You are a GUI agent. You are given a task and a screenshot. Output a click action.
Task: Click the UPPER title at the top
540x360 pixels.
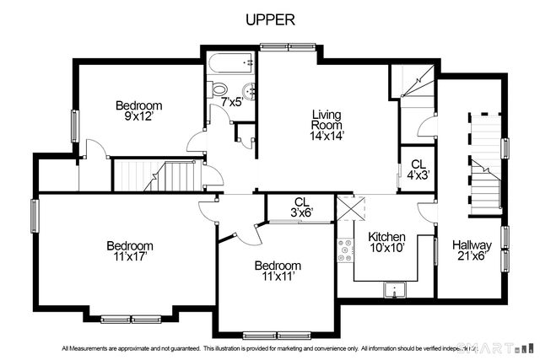pyautogui.click(x=270, y=20)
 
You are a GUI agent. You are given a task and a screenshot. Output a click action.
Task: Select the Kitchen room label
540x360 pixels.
pyautogui.click(x=387, y=237)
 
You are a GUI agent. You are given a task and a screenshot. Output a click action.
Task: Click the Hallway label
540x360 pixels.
pyautogui.click(x=472, y=244)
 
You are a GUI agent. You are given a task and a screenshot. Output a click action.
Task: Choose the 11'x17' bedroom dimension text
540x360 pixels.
pyautogui.click(x=129, y=257)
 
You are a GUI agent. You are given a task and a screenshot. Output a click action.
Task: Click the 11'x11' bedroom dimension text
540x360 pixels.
pyautogui.click(x=278, y=277)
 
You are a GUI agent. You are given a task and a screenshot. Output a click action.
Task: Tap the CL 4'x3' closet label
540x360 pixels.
pyautogui.click(x=418, y=169)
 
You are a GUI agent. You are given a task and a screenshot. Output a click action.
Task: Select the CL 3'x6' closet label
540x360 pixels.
pyautogui.click(x=301, y=207)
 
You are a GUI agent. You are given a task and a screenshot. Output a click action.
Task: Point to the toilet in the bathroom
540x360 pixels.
pyautogui.click(x=218, y=89)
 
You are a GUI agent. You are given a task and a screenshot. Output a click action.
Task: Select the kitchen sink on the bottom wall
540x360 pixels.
pyautogui.click(x=392, y=290)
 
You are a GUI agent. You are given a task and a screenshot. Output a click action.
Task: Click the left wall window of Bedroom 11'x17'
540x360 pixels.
pyautogui.click(x=35, y=215)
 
